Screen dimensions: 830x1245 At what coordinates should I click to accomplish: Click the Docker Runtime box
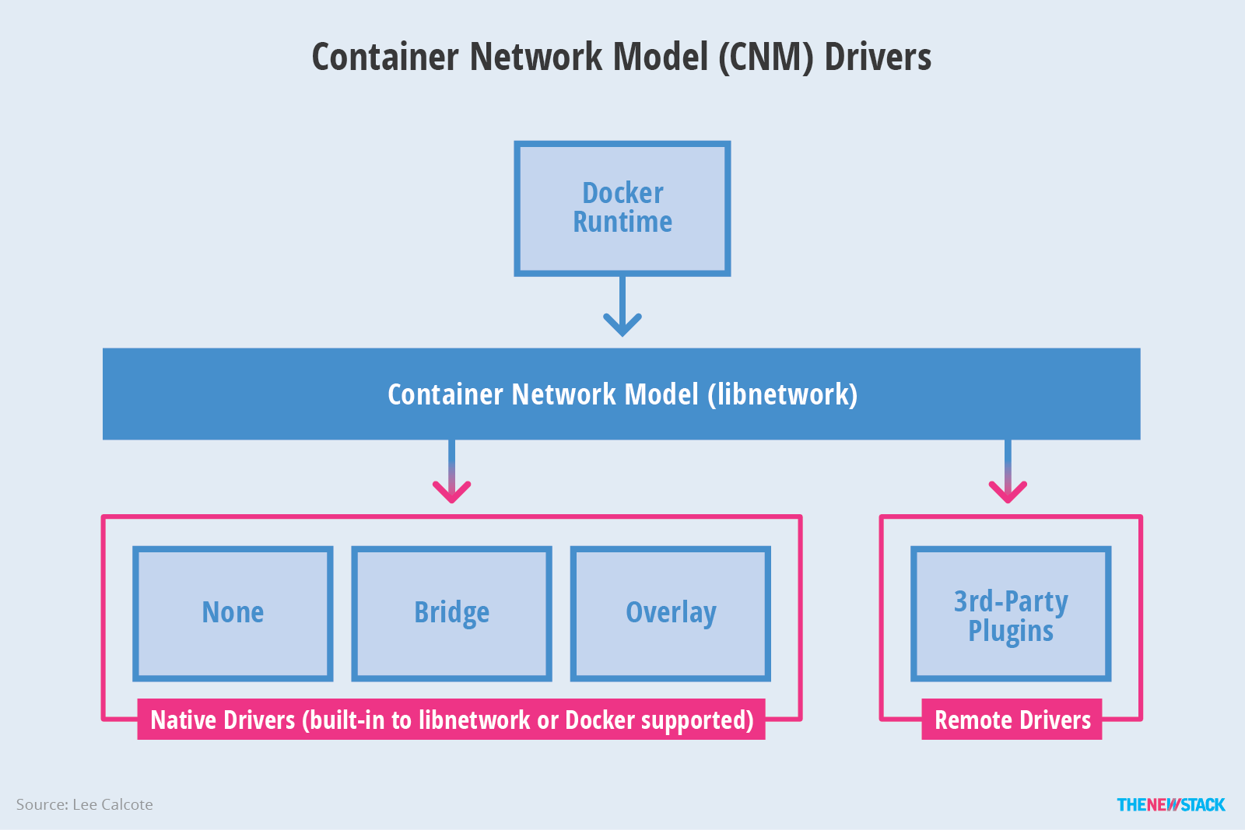[x=622, y=208]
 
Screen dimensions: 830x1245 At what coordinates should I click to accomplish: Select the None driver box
[x=233, y=613]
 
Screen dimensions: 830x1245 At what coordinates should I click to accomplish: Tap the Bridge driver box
[x=451, y=613]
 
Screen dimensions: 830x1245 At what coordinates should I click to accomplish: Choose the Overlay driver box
[x=670, y=613]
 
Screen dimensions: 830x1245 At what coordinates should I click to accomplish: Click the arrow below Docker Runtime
[x=622, y=308]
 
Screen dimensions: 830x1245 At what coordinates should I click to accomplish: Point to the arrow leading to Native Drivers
[x=451, y=475]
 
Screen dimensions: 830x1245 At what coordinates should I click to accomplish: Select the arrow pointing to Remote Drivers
[x=1008, y=475]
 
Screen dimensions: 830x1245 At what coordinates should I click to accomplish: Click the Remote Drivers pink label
[x=1012, y=720]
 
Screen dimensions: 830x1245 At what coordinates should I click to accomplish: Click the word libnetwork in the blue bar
[x=782, y=394]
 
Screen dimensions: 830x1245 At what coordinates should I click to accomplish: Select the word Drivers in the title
[x=877, y=58]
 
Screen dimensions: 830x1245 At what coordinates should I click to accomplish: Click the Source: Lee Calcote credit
[x=84, y=804]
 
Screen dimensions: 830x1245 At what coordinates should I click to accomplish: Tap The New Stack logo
[x=1170, y=804]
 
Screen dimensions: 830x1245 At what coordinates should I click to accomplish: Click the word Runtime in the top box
[x=622, y=222]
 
